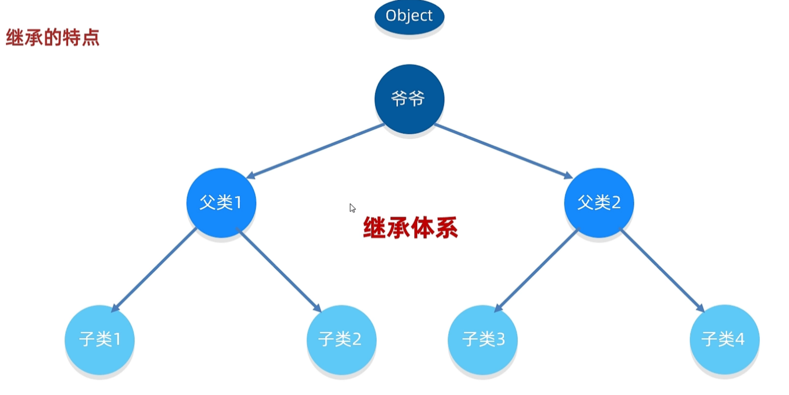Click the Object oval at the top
(409, 16)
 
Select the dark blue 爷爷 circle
(409, 99)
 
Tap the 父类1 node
(221, 203)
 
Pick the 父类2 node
(598, 203)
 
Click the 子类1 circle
(99, 339)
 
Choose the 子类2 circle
(341, 339)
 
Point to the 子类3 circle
(483, 339)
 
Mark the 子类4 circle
(724, 339)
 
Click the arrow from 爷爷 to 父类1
(315, 151)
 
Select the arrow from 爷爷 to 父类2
(503, 151)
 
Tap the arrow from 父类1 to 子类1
(154, 269)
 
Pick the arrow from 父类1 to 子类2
(279, 269)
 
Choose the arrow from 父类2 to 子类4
(662, 269)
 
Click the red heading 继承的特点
(52, 37)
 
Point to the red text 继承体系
(410, 228)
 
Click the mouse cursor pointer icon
(352, 207)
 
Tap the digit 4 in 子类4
(740, 339)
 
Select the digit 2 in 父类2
(615, 203)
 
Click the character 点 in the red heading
(91, 37)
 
